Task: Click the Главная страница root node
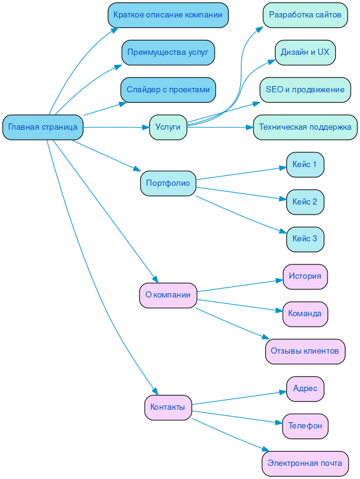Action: point(42,127)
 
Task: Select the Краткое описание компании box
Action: point(168,15)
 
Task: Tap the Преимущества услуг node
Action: point(168,52)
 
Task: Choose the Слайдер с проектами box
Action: point(168,90)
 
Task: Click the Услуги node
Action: point(168,127)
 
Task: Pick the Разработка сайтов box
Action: point(305,15)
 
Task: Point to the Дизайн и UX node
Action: point(305,52)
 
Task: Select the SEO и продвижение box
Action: point(305,90)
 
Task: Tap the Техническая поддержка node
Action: point(305,127)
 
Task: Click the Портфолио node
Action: point(168,183)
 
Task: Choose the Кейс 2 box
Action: point(305,202)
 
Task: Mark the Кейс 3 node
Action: point(305,239)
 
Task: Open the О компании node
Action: point(168,295)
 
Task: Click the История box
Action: point(305,276)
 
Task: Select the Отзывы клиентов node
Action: point(305,351)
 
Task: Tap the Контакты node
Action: point(168,407)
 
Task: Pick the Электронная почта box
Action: point(305,463)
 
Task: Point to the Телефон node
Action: point(305,426)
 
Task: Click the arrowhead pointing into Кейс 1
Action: point(283,167)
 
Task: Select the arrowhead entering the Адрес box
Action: point(283,392)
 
